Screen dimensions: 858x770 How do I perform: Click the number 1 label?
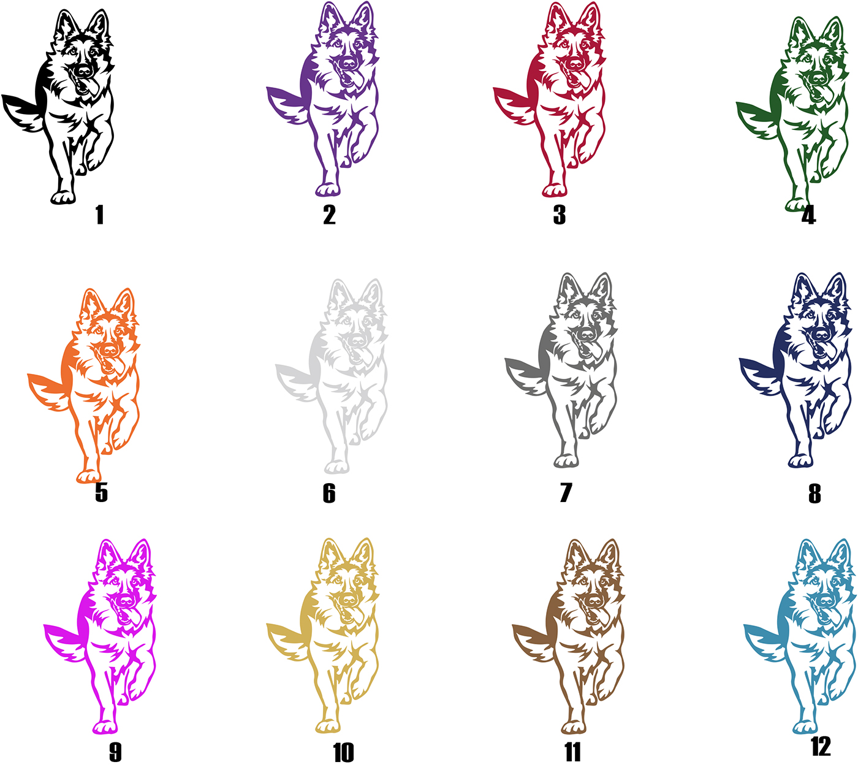100,215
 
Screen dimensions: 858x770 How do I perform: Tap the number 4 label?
808,215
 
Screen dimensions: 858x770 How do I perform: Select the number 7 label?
566,492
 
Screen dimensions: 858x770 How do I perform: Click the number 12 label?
821,746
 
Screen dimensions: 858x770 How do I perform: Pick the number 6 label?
329,494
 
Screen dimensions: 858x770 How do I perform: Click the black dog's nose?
83,71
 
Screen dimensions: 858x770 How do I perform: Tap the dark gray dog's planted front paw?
566,461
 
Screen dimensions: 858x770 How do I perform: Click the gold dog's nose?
349,600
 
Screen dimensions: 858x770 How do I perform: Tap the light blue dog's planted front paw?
805,727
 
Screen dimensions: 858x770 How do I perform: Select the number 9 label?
115,752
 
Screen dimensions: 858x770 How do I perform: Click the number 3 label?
559,215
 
